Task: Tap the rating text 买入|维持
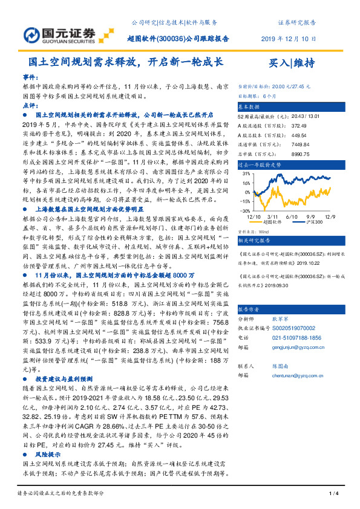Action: [292, 63]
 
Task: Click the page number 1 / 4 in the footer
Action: [332, 494]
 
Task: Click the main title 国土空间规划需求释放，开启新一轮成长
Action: [126, 62]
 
